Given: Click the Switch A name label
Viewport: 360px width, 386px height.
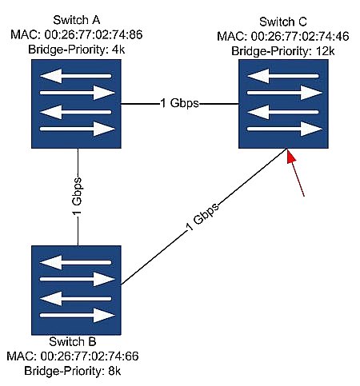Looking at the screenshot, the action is tap(77, 20).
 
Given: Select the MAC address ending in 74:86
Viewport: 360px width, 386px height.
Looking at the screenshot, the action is tap(77, 34).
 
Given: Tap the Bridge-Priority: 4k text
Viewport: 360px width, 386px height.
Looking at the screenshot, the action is tap(77, 50).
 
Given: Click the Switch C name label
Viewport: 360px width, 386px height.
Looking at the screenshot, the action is tap(283, 22).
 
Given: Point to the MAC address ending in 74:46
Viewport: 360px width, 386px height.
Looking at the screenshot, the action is tap(283, 36).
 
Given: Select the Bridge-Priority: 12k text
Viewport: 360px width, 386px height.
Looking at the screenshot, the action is tap(283, 51).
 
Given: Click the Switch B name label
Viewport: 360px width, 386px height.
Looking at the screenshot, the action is tap(73, 341).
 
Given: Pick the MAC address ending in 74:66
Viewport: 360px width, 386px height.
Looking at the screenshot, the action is tap(73, 356).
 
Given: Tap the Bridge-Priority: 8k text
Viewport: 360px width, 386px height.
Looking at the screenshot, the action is tap(73, 371).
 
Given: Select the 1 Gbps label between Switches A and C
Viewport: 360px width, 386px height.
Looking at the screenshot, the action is tap(179, 103).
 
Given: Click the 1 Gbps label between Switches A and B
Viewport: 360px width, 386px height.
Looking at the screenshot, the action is tap(78, 197).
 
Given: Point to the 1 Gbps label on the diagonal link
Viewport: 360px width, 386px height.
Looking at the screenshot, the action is tap(202, 217).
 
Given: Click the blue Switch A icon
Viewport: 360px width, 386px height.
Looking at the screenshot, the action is tap(76, 104).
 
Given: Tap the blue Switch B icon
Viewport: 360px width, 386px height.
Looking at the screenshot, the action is tap(76, 290).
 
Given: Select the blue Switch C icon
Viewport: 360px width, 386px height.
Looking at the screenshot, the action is tap(283, 104).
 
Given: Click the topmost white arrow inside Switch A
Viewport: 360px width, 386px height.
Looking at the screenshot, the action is tap(76, 76).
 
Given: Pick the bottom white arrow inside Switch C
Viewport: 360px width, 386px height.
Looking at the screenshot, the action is tap(285, 129).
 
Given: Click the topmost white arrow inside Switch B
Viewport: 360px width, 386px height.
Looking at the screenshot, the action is tap(76, 263).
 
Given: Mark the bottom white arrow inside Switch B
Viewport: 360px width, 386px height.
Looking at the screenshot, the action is tap(78, 316).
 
